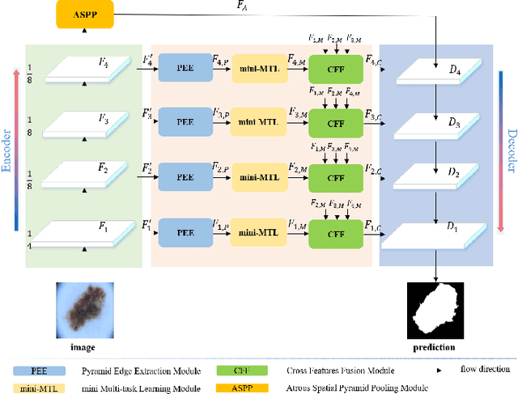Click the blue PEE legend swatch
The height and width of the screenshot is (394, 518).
[40, 370]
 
